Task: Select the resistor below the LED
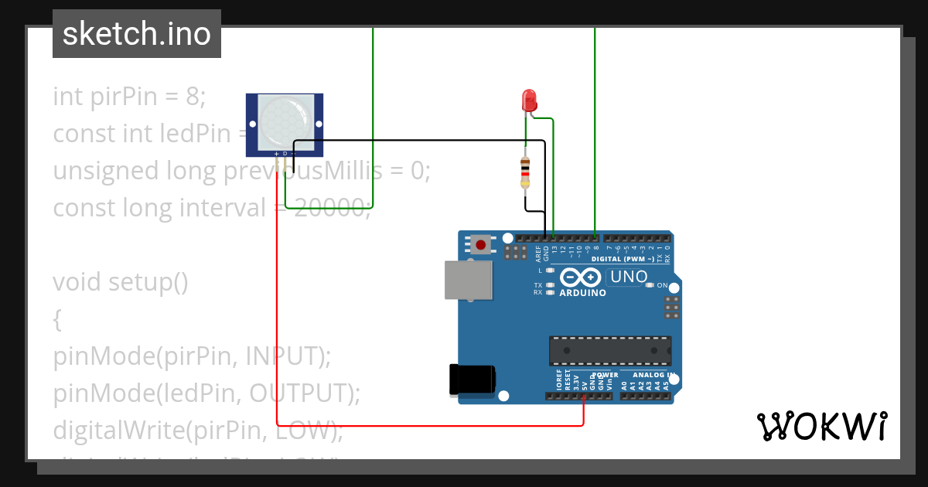(526, 171)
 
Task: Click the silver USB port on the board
(468, 280)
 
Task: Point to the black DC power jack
(472, 380)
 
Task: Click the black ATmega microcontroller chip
(610, 350)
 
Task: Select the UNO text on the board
(629, 277)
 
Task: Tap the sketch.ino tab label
(137, 34)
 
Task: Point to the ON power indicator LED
(650, 285)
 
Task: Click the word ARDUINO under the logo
(582, 293)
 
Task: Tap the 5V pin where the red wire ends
(583, 396)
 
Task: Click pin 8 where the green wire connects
(595, 237)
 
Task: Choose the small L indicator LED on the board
(550, 271)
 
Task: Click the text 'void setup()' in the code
(121, 282)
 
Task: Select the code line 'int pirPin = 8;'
(129, 97)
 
